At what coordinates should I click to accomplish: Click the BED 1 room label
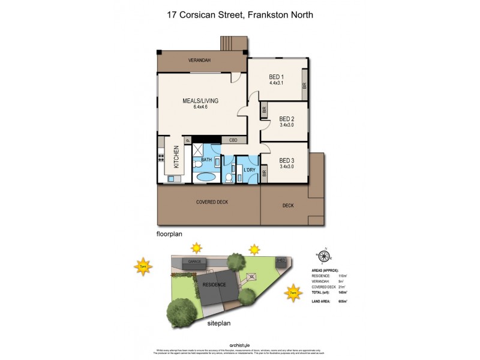coord(276,77)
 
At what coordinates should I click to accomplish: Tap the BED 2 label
coord(286,119)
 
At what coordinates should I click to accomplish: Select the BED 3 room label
coord(286,160)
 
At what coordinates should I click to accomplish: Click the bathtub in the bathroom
coord(206,178)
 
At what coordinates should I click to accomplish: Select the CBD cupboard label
coord(233,140)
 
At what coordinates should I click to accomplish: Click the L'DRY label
coord(250,169)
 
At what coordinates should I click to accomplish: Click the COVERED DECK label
coord(212,202)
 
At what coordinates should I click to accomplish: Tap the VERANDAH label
coord(197,61)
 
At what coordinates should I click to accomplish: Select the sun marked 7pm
coord(143,266)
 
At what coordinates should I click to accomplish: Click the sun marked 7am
coord(293,292)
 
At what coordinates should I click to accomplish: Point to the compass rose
coord(324,256)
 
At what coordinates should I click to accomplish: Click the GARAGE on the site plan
coord(194,262)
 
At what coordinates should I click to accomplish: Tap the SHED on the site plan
coord(280,260)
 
